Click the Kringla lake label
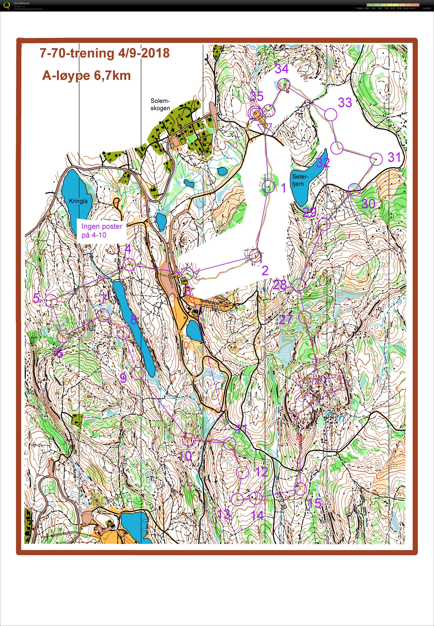(x=78, y=201)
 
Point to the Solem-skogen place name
(x=160, y=105)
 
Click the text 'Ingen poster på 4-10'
(x=102, y=230)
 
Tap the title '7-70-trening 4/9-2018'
(x=105, y=53)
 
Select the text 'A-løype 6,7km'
(x=87, y=75)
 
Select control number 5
(x=36, y=298)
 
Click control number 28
(x=280, y=285)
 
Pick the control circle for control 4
(x=129, y=265)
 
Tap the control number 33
(x=345, y=103)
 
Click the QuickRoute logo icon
(x=7, y=5)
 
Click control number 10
(x=186, y=456)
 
